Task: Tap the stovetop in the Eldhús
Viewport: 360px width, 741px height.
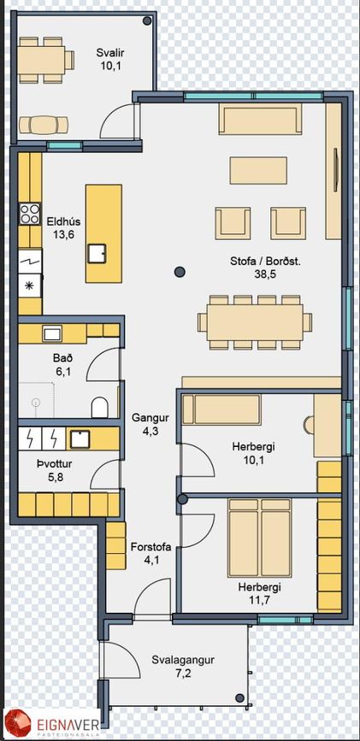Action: tap(30, 214)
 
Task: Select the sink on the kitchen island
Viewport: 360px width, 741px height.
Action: tap(96, 253)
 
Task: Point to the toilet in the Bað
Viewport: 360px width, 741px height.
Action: tap(99, 407)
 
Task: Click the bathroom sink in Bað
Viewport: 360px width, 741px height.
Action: tap(51, 333)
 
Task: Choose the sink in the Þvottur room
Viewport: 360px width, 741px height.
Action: tap(80, 438)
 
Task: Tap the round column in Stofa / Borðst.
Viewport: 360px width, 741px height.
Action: tap(180, 271)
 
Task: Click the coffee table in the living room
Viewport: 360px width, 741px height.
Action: tap(258, 170)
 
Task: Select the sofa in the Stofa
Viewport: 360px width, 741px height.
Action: tap(260, 119)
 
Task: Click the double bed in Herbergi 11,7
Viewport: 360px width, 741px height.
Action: tap(259, 538)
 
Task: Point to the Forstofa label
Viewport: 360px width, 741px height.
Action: tap(150, 547)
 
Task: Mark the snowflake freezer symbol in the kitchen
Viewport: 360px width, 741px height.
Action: tap(30, 286)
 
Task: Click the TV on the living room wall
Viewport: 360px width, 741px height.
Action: tap(336, 170)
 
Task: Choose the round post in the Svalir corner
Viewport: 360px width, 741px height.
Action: tap(147, 21)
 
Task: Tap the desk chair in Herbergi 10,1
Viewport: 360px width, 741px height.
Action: tap(309, 424)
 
